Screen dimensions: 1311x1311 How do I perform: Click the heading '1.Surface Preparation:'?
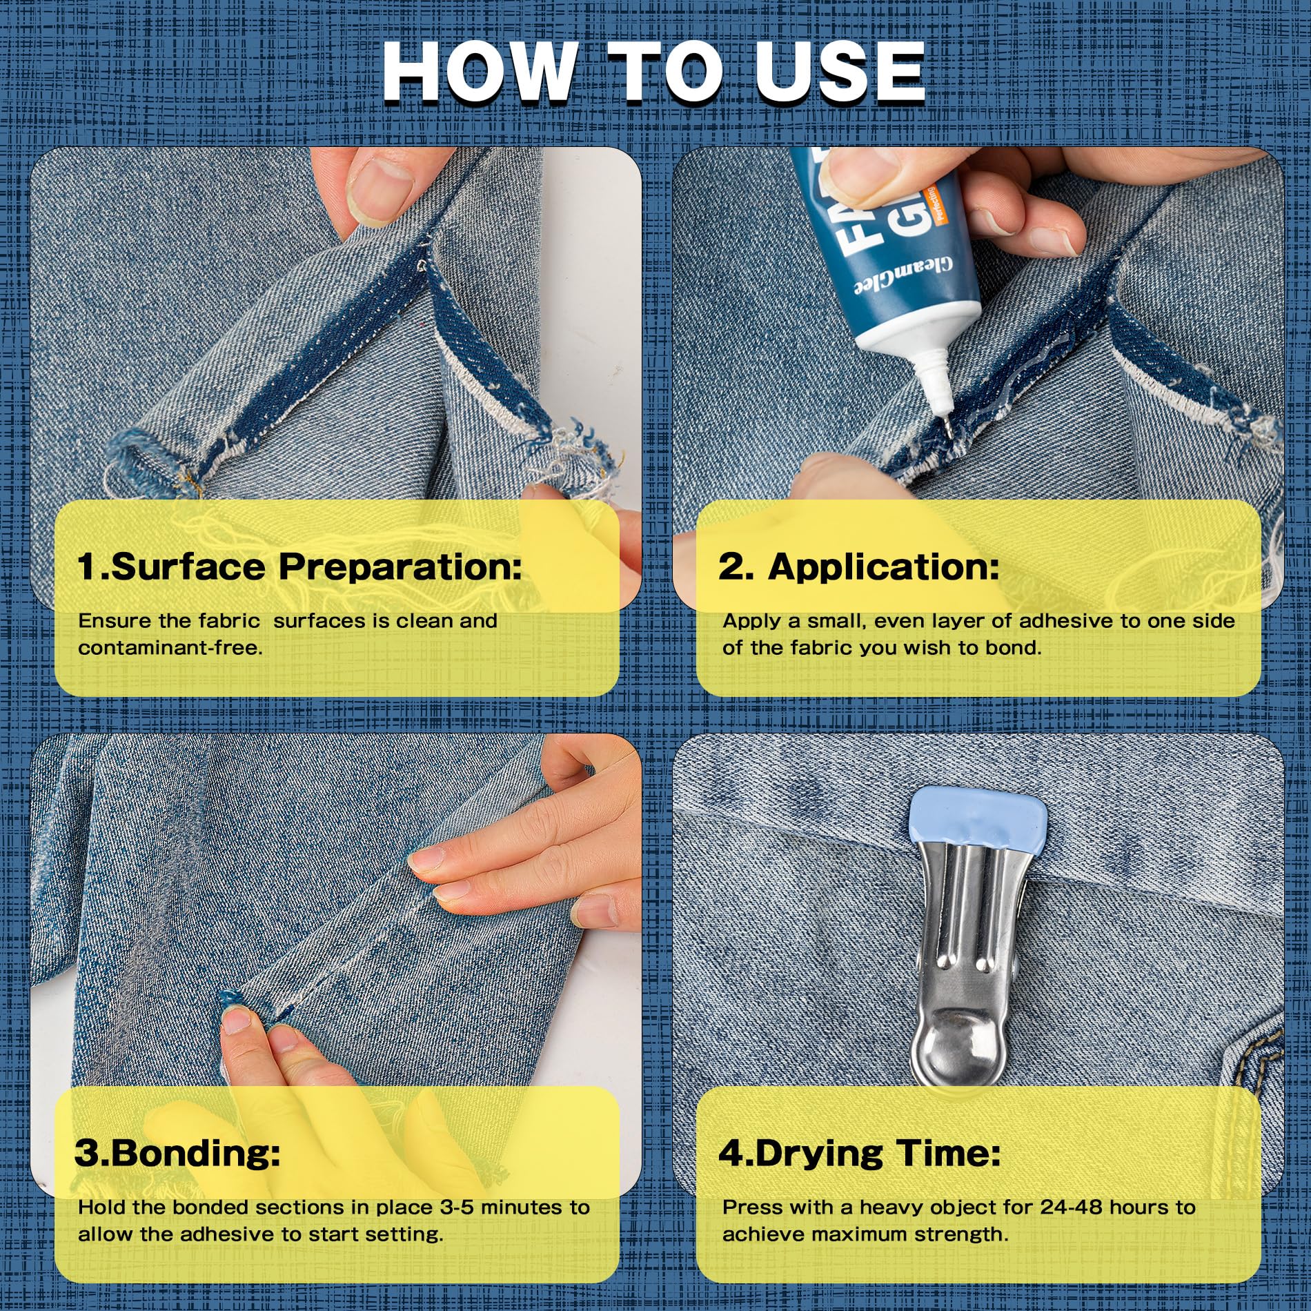(299, 567)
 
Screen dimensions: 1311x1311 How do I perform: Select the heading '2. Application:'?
(859, 567)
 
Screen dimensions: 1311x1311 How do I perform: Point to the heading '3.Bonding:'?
(177, 1153)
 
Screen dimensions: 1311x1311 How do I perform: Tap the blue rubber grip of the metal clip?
(978, 827)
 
